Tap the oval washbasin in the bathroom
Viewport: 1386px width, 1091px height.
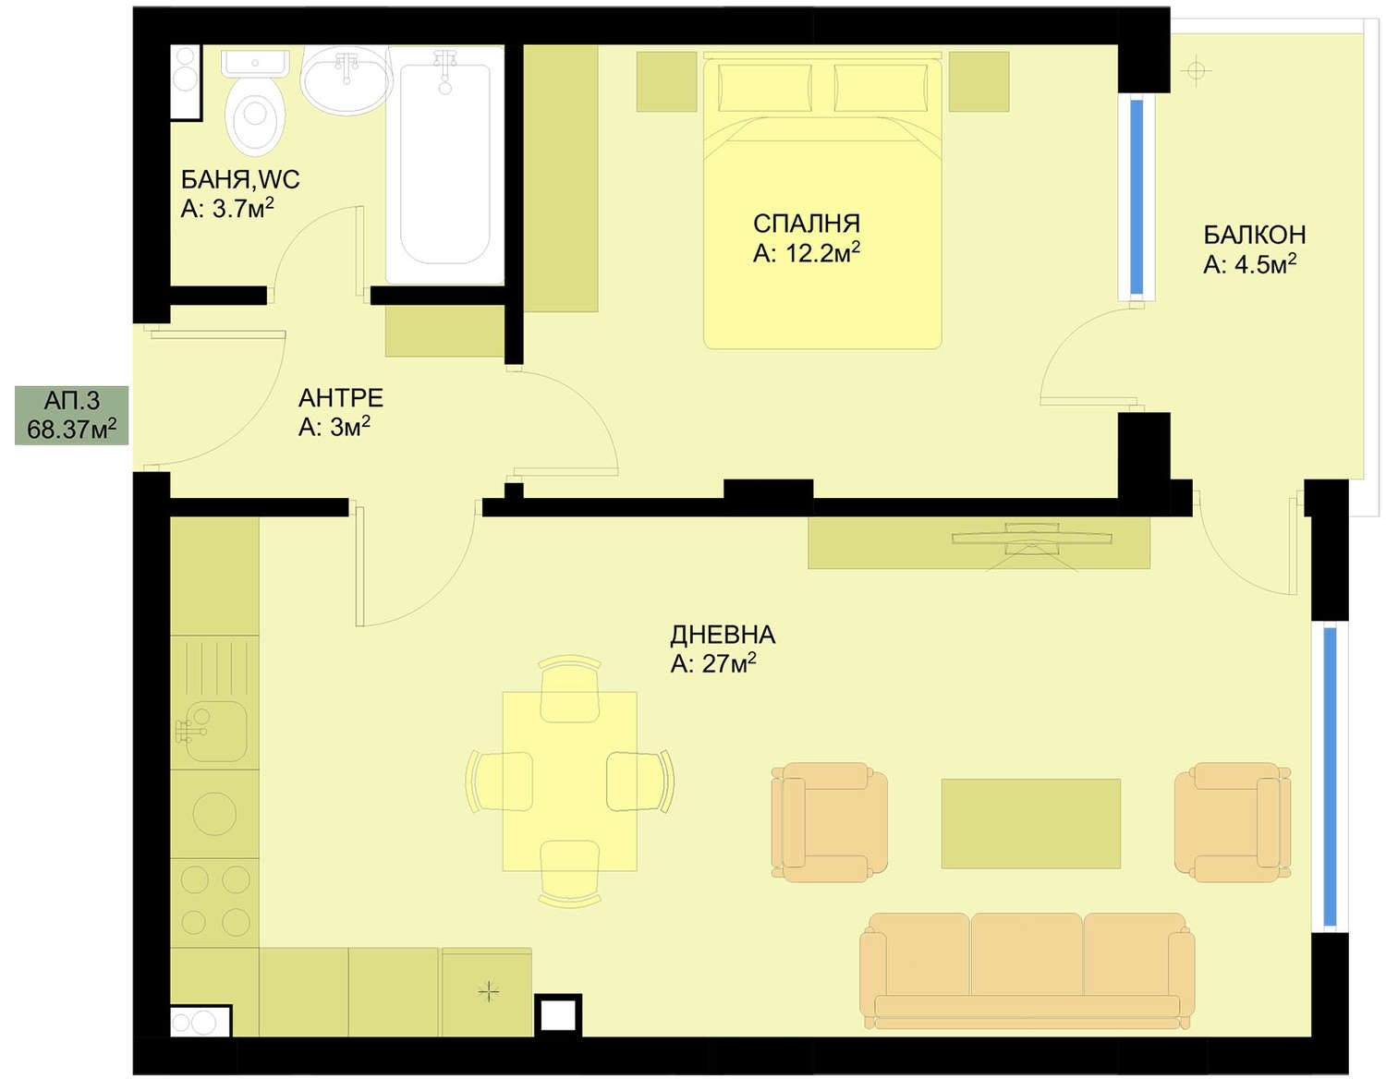(x=346, y=80)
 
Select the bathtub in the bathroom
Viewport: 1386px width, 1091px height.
(x=444, y=164)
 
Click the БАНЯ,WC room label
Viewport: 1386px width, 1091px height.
(x=240, y=180)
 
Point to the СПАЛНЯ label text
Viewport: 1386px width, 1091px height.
(x=807, y=224)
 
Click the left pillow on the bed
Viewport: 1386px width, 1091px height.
(x=764, y=88)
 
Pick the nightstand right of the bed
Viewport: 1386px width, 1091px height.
(x=979, y=82)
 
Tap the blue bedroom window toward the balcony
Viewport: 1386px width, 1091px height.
(x=1137, y=197)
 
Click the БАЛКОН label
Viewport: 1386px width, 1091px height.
(x=1254, y=235)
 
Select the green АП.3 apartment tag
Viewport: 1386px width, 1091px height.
(x=71, y=416)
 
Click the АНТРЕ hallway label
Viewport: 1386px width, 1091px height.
(x=341, y=398)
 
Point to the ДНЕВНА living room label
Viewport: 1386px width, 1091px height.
(x=723, y=635)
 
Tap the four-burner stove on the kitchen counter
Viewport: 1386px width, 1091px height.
(x=215, y=902)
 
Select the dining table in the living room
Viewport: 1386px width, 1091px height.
(x=569, y=782)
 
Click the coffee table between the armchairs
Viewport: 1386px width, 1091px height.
(x=1030, y=823)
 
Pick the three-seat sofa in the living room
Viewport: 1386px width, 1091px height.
(x=1027, y=971)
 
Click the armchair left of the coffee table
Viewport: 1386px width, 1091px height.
(x=830, y=822)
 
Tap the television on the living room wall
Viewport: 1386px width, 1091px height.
(x=1031, y=538)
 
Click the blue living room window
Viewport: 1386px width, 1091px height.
(x=1330, y=777)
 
